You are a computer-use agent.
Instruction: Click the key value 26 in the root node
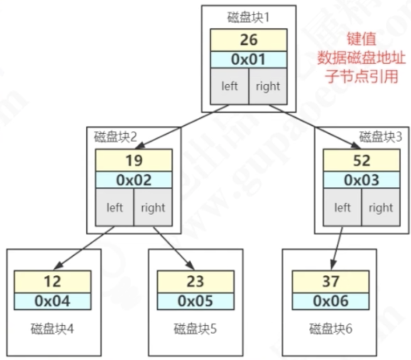pyautogui.click(x=248, y=40)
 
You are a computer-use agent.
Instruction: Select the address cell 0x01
pyautogui.click(x=248, y=59)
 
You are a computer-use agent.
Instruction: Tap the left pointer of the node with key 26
pyautogui.click(x=229, y=86)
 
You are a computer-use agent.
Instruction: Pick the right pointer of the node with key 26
pyautogui.click(x=268, y=86)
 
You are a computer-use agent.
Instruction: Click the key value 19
pyautogui.click(x=134, y=160)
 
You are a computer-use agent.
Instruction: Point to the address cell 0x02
pyautogui.click(x=134, y=180)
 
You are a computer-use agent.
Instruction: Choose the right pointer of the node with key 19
pyautogui.click(x=153, y=207)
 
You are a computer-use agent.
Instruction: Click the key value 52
pyautogui.click(x=361, y=160)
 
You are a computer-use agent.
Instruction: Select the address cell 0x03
pyautogui.click(x=361, y=180)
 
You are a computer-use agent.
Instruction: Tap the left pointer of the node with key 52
pyautogui.click(x=342, y=207)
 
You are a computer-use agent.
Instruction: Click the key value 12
pyautogui.click(x=53, y=282)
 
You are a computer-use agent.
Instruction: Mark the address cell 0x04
pyautogui.click(x=53, y=301)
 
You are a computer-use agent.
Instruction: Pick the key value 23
pyautogui.click(x=195, y=282)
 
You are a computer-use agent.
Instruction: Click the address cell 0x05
pyautogui.click(x=195, y=301)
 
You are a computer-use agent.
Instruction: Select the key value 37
pyautogui.click(x=330, y=282)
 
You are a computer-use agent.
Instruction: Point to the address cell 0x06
pyautogui.click(x=330, y=301)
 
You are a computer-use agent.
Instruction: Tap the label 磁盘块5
pyautogui.click(x=195, y=329)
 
